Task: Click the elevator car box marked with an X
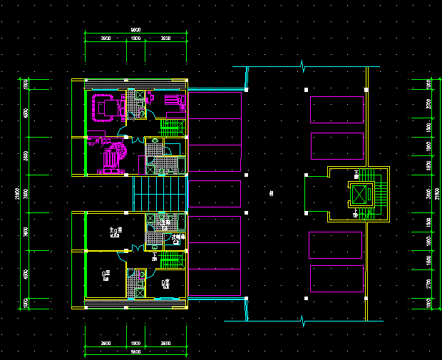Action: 359,195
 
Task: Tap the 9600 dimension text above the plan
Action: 135,29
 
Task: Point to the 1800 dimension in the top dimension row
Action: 135,38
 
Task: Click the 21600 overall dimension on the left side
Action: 16,193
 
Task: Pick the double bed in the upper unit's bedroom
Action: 108,108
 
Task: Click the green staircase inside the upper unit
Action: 172,128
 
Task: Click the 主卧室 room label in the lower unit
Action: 115,231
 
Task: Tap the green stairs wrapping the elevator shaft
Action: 382,193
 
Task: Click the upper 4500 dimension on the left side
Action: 25,113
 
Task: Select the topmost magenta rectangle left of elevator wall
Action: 337,110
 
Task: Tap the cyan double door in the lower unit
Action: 131,249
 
